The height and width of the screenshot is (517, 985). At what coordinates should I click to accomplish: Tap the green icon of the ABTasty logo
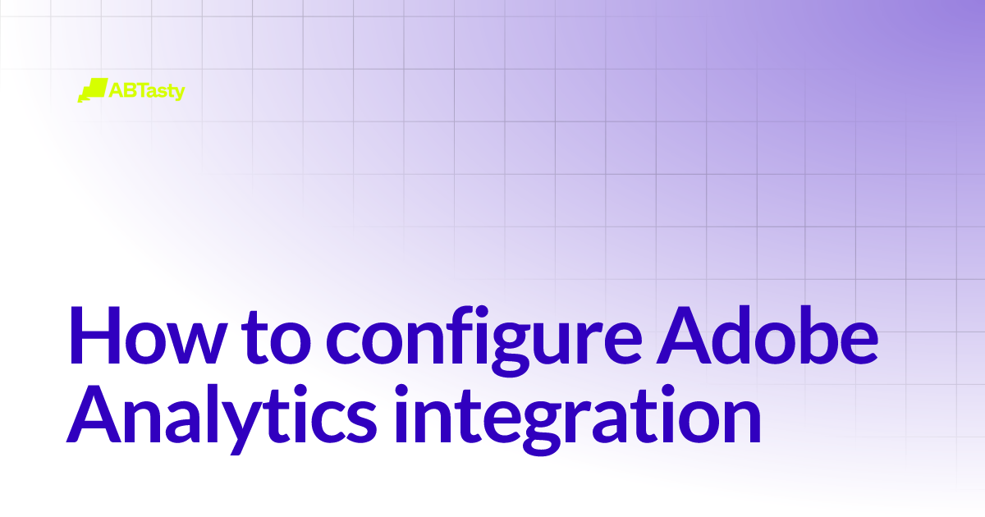coord(92,89)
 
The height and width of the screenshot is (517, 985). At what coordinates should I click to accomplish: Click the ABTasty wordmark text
coord(147,90)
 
